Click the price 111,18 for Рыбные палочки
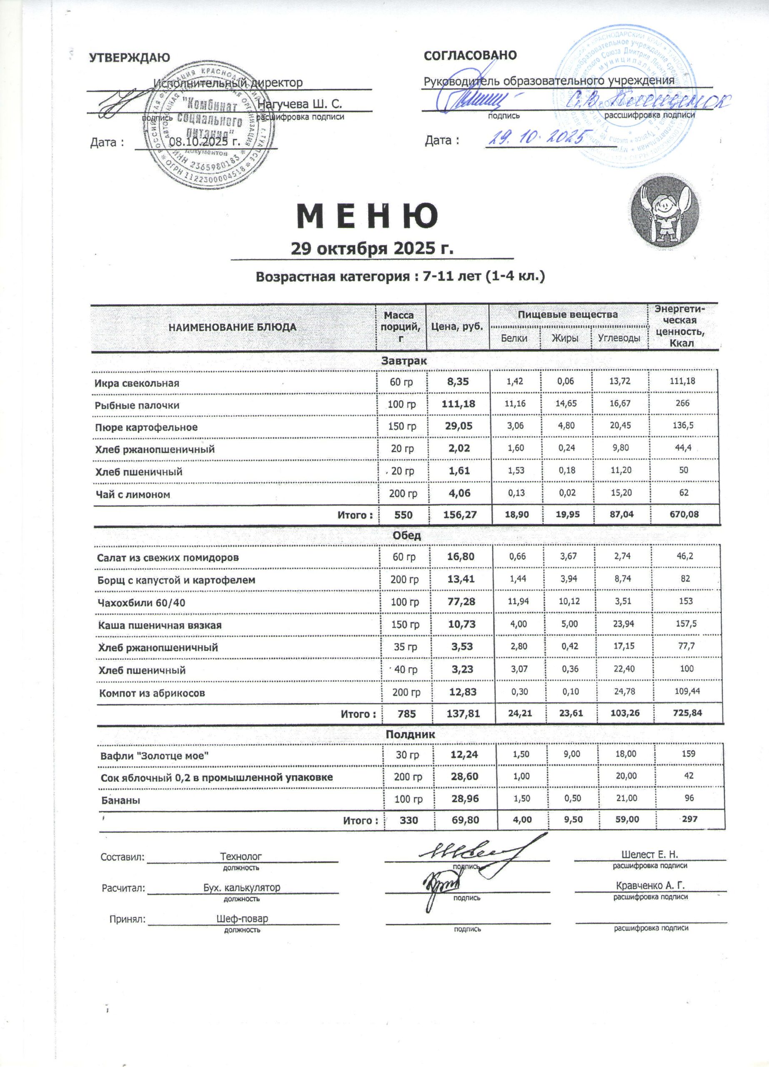(458, 403)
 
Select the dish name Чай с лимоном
(133, 494)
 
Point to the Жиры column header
(565, 338)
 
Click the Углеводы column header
(619, 338)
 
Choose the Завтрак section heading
(404, 361)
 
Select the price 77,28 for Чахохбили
(461, 602)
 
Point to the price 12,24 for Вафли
(464, 755)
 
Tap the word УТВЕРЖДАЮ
(130, 58)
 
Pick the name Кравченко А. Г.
(651, 885)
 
